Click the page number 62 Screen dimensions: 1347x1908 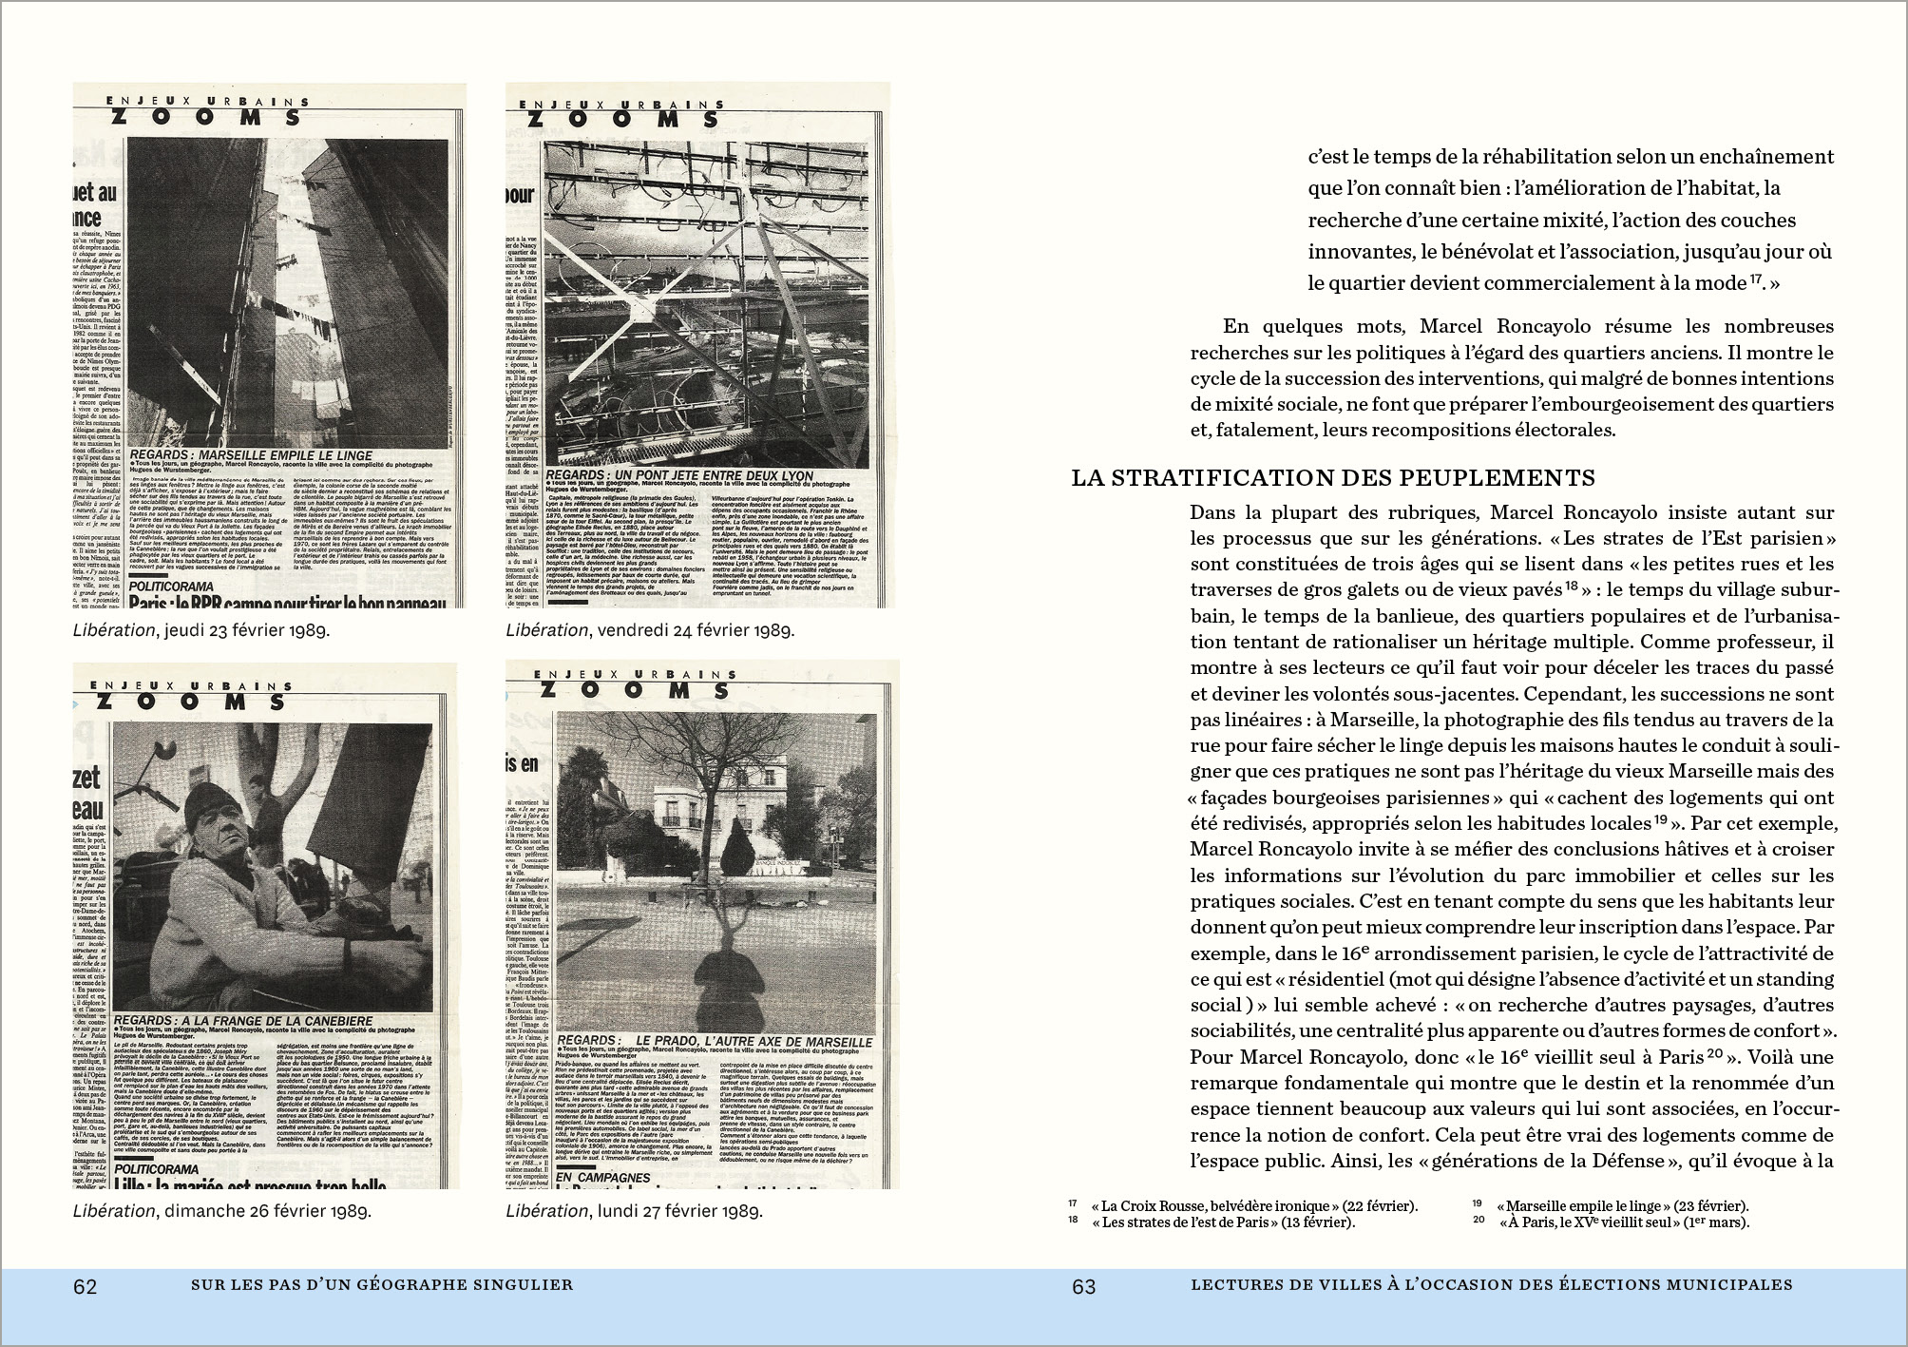(x=86, y=1286)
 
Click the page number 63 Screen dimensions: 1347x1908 (x=1083, y=1286)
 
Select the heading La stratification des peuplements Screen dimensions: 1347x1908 (x=1332, y=477)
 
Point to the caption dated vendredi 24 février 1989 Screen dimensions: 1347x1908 (x=650, y=629)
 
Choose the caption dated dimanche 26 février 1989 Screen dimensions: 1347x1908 (x=221, y=1211)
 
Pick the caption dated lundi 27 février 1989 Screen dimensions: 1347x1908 (x=634, y=1211)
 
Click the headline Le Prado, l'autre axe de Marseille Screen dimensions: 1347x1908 (x=715, y=1041)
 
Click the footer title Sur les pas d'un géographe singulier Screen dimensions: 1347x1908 (x=382, y=1285)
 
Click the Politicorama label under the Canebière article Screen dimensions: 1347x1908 (x=155, y=1168)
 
